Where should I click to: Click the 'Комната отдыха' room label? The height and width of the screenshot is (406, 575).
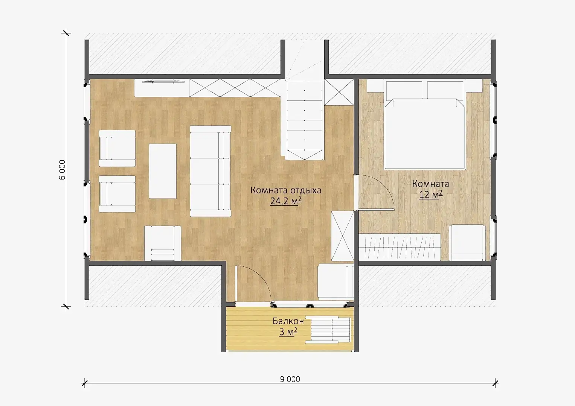pos(286,190)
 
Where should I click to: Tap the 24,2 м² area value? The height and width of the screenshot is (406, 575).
pos(286,201)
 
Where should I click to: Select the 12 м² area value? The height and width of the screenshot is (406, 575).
pos(431,195)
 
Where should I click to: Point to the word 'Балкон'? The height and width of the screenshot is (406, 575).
pos(288,321)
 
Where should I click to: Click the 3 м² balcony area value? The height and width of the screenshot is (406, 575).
pos(288,332)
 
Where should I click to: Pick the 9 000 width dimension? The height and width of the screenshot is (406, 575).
pos(290,379)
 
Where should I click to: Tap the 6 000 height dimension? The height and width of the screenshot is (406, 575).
pos(63,170)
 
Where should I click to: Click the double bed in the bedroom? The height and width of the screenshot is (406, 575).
pos(425,125)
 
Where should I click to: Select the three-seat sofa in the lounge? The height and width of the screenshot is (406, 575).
pos(210,171)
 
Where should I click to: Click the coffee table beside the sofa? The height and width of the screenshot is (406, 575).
pos(163,171)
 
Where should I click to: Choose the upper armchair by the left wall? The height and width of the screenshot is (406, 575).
pos(117,148)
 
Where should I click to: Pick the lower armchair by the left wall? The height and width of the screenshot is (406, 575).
pos(117,194)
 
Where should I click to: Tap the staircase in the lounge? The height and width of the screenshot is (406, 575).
pos(304,120)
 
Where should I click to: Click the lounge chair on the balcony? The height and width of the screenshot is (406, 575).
pos(328,330)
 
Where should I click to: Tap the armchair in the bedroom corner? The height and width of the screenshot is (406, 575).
pos(467,243)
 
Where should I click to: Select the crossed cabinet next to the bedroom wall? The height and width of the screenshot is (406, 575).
pos(342,236)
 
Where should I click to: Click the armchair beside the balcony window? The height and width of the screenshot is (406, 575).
pos(336,281)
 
